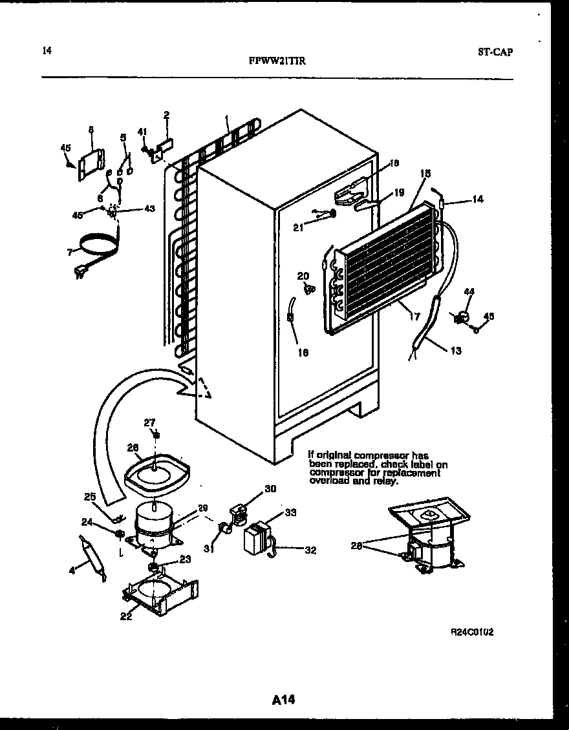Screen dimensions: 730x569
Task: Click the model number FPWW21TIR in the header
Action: pyautogui.click(x=277, y=61)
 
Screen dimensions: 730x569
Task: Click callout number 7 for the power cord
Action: pyautogui.click(x=70, y=253)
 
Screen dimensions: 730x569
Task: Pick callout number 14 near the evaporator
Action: pyautogui.click(x=477, y=200)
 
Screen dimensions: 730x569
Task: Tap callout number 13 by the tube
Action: pyautogui.click(x=456, y=351)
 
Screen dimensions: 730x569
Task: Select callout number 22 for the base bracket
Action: pyautogui.click(x=126, y=616)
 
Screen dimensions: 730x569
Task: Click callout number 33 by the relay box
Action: pyautogui.click(x=290, y=513)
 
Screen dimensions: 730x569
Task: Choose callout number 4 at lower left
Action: pyautogui.click(x=73, y=570)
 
